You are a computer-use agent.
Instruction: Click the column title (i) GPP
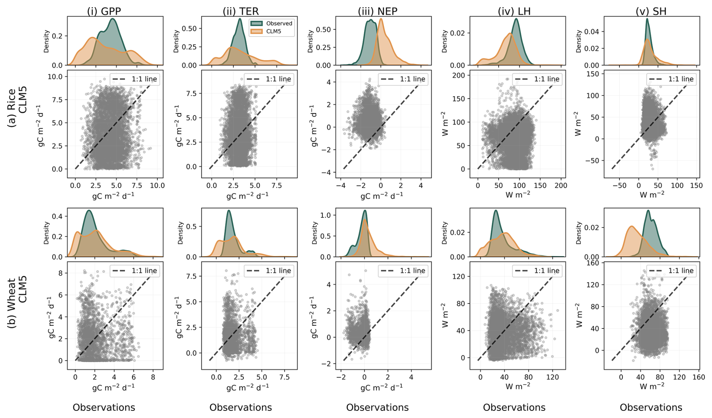(x=104, y=11)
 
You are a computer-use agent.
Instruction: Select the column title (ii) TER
(x=241, y=11)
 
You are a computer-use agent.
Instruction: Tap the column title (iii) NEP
(x=377, y=11)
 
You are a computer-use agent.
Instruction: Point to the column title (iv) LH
(x=514, y=11)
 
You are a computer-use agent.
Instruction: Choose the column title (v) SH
(x=651, y=11)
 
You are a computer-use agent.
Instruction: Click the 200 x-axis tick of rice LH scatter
(x=561, y=185)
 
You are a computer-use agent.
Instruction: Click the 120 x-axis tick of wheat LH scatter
(x=552, y=377)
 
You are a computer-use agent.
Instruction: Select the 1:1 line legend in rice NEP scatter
(x=403, y=79)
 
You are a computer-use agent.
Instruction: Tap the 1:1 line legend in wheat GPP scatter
(x=135, y=271)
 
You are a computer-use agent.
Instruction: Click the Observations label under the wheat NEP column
(x=377, y=407)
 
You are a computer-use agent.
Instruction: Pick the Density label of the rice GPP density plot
(x=46, y=41)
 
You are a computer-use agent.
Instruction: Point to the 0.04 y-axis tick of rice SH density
(x=592, y=32)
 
